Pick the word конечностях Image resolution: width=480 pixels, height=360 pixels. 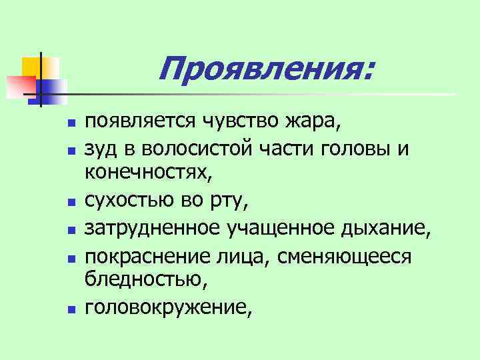151,173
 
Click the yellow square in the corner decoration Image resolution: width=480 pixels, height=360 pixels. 35,67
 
